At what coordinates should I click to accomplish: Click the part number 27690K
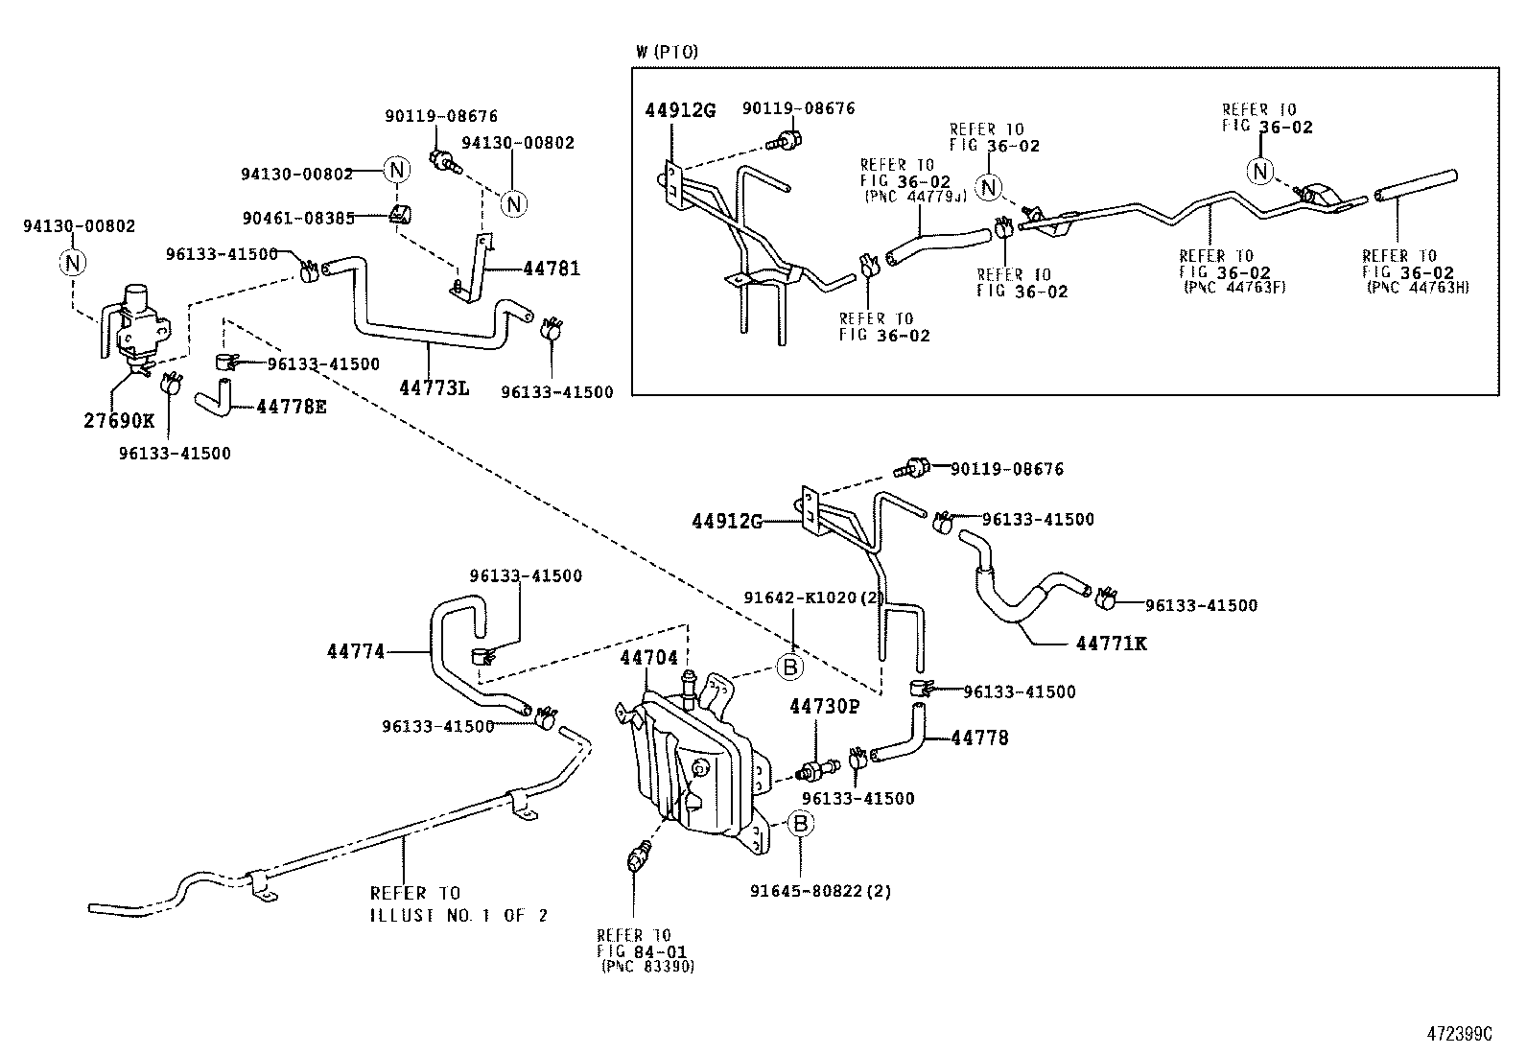[119, 420]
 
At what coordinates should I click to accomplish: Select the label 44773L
[435, 386]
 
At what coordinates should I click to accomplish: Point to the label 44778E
[292, 407]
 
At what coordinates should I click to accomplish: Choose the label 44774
[355, 652]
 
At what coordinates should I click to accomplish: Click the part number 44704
[648, 658]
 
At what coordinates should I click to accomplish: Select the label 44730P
[824, 708]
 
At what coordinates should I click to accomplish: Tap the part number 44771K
[1111, 644]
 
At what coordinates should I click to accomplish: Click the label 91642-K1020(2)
[814, 597]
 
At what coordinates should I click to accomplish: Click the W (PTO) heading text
[667, 52]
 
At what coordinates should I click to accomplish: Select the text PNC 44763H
[1416, 288]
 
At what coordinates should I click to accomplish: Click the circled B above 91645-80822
[802, 823]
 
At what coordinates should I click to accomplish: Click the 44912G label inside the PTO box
[679, 110]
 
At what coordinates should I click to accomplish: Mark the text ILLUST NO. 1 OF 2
[458, 916]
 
